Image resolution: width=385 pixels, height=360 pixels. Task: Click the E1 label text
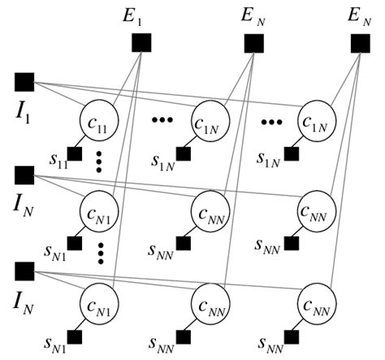pos(144,15)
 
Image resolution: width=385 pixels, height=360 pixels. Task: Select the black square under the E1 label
pos(141,41)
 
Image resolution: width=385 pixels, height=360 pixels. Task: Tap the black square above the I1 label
pos(24,81)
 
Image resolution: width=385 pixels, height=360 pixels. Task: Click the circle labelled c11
pos(103,123)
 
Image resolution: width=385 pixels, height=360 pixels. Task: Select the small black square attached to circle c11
pos(75,153)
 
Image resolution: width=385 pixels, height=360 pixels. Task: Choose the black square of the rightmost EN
pos(361,41)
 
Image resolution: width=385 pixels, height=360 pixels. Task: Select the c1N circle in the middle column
pos(210,123)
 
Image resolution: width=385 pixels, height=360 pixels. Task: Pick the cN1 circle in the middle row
pos(103,214)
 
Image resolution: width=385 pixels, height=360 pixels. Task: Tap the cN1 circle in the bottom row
pos(103,305)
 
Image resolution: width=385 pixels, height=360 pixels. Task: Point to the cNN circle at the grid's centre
pos(210,214)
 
